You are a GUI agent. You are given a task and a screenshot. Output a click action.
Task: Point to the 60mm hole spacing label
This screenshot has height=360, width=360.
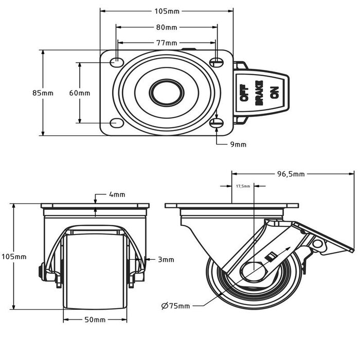80,93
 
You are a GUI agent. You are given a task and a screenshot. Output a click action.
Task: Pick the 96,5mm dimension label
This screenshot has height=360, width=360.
291,174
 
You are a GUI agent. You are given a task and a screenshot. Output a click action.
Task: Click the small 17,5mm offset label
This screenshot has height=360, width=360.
243,186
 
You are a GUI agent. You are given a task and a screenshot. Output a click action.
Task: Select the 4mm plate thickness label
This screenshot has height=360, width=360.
117,194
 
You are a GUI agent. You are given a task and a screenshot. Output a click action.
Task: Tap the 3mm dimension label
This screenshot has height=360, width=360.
166,260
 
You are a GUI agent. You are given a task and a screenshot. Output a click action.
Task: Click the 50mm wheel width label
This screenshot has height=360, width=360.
95,319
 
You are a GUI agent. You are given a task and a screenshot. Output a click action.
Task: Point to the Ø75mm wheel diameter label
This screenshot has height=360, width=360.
175,306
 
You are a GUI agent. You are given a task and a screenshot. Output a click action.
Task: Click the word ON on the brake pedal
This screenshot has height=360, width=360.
275,93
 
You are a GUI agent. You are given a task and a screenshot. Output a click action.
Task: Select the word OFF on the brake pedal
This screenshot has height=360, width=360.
244,93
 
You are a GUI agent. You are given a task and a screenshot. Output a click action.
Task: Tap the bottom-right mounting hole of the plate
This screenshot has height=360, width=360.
217,122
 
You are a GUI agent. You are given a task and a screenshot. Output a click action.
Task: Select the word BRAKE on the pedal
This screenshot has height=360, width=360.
259,93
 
